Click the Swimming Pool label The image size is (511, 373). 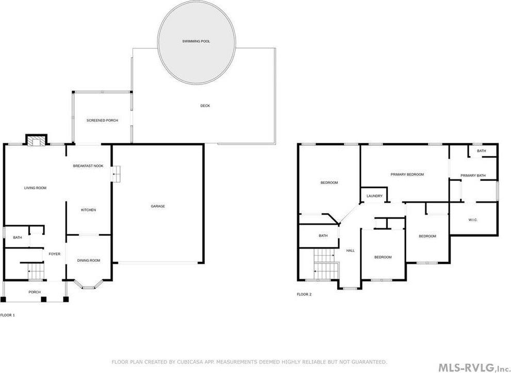click(x=196, y=41)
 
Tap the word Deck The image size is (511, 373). click(x=205, y=106)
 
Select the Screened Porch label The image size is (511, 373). click(x=102, y=120)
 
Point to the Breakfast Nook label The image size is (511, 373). click(x=88, y=166)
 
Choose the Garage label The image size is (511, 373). click(x=158, y=206)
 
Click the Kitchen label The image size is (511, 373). click(x=88, y=210)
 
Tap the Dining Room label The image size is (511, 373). click(x=88, y=260)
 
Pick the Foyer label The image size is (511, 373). click(x=55, y=254)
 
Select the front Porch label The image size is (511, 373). click(x=35, y=292)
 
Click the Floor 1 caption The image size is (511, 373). click(x=7, y=314)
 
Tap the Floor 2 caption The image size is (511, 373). click(x=304, y=294)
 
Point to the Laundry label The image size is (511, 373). click(x=374, y=196)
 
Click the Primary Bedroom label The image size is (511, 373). click(x=407, y=174)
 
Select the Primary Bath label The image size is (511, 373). click(x=473, y=176)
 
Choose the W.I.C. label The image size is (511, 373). click(x=473, y=220)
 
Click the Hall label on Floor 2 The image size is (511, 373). click(x=350, y=250)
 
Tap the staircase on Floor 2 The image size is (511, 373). click(x=325, y=263)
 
